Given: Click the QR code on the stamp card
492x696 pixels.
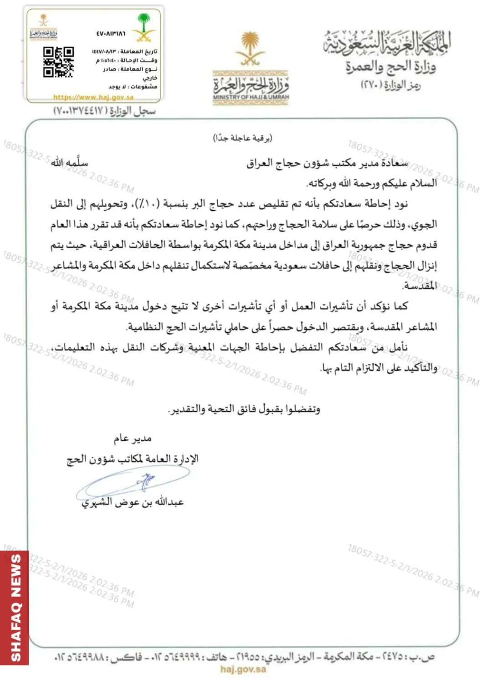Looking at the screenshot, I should pyautogui.click(x=58, y=62).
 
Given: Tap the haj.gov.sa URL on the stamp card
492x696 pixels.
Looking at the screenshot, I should pyautogui.click(x=93, y=97).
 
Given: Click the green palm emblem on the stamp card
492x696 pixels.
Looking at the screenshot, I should pyautogui.click(x=144, y=26).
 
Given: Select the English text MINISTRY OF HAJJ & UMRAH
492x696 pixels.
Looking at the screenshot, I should pyautogui.click(x=251, y=97).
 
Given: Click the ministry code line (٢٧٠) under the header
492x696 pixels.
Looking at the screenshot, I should pyautogui.click(x=390, y=85).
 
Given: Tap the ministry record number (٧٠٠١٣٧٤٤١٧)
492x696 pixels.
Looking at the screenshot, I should pyautogui.click(x=104, y=111).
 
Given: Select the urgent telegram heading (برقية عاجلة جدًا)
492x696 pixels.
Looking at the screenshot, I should pyautogui.click(x=242, y=138).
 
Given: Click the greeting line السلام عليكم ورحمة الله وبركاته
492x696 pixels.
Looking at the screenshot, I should pyautogui.click(x=372, y=183).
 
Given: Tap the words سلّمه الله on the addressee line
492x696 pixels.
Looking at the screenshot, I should pyautogui.click(x=69, y=163).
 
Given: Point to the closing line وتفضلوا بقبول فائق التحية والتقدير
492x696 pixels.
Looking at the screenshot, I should pyautogui.click(x=244, y=409).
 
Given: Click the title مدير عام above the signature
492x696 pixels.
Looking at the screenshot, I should pyautogui.click(x=132, y=438).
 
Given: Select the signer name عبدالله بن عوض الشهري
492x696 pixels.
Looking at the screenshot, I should pyautogui.click(x=133, y=502).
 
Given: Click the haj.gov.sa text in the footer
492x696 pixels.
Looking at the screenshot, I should pyautogui.click(x=243, y=669).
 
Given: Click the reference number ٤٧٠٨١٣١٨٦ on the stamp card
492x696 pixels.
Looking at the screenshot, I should pyautogui.click(x=111, y=33).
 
